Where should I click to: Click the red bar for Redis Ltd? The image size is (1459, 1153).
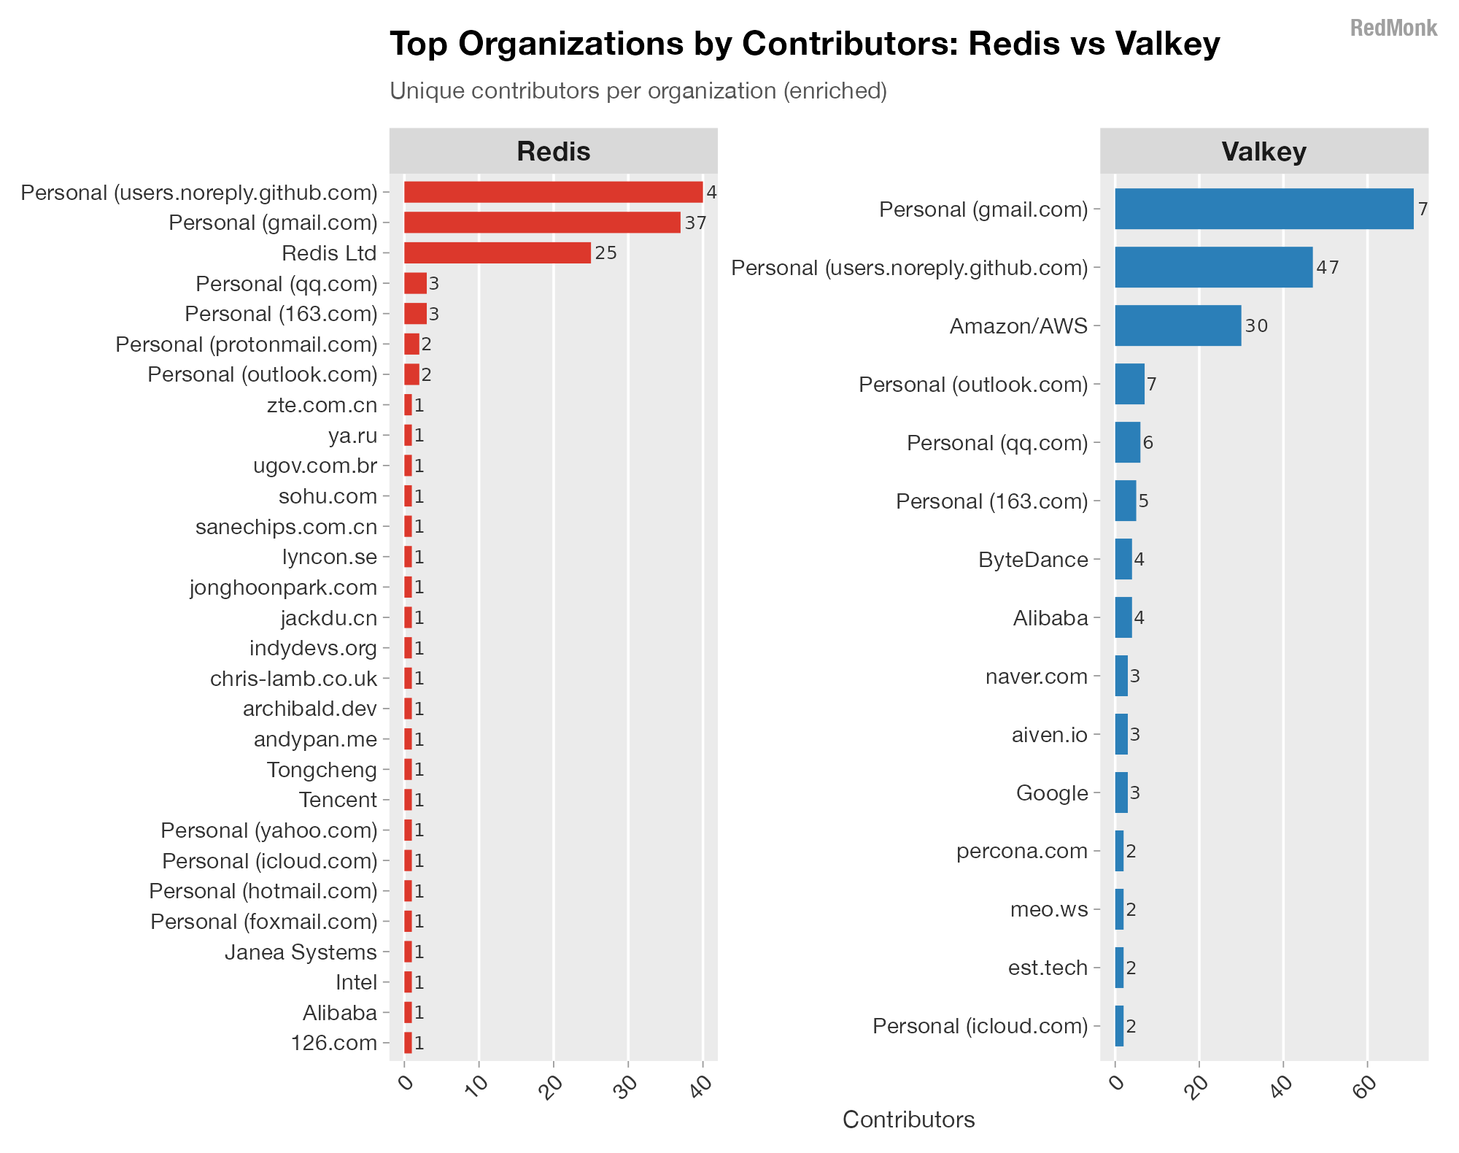click(497, 253)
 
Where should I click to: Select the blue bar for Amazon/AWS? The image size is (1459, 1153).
click(1177, 325)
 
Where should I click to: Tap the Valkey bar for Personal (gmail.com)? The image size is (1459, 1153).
click(1263, 209)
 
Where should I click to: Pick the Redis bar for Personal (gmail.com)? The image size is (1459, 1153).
click(541, 223)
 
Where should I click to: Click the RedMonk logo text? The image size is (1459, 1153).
click(1393, 28)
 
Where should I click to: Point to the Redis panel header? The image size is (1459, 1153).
click(553, 151)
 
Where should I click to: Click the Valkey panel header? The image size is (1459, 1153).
click(1263, 151)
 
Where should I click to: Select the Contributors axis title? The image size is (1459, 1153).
click(908, 1119)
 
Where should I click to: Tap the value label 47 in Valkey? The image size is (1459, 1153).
click(1328, 267)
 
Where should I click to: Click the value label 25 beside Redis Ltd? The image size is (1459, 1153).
click(605, 253)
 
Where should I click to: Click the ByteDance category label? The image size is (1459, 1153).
click(1033, 560)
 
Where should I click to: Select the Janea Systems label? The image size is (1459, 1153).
click(301, 952)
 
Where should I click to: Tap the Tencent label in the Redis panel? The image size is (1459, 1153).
click(338, 800)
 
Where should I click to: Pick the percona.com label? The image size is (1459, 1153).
click(1021, 851)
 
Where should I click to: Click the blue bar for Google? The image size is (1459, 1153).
click(1121, 793)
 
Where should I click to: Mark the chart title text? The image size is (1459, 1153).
click(805, 44)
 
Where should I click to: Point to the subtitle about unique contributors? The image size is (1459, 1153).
click(638, 91)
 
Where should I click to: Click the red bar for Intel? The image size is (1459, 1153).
click(408, 982)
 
